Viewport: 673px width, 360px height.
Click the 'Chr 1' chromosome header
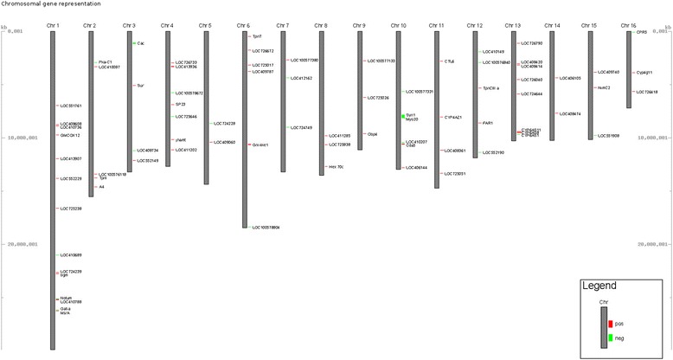coord(53,24)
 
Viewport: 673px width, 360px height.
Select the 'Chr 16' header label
coord(631,24)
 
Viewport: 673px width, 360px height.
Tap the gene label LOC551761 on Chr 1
coord(69,106)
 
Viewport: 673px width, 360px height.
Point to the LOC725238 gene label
coord(69,209)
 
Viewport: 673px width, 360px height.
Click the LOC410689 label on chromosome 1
coord(69,255)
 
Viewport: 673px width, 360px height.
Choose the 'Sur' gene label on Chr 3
coord(140,86)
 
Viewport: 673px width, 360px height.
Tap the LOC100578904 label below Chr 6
coord(266,228)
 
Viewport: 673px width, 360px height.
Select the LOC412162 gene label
coord(300,78)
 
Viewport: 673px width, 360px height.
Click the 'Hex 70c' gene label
coord(336,166)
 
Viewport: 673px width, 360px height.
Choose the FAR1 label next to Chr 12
coord(488,123)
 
